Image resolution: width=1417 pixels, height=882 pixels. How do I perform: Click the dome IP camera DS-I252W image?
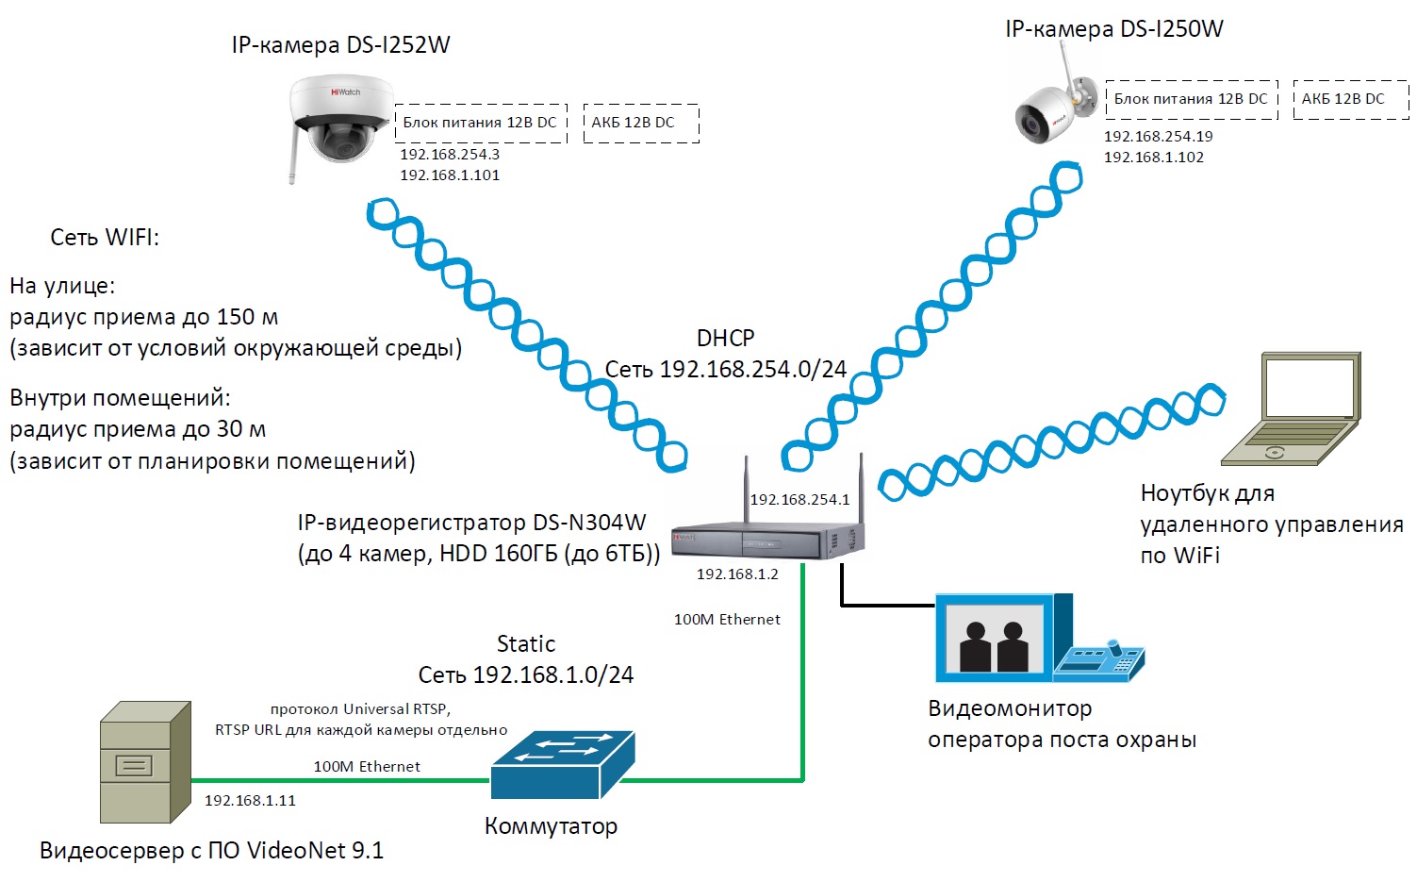[x=340, y=126]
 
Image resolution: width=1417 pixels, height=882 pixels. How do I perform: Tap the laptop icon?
[x=1292, y=409]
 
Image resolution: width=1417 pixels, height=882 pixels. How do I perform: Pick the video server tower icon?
[x=145, y=762]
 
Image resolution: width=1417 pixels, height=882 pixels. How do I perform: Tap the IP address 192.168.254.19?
[x=1159, y=136]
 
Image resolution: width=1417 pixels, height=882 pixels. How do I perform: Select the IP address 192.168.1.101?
[x=450, y=175]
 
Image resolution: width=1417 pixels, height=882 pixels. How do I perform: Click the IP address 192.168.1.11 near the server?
[x=250, y=801]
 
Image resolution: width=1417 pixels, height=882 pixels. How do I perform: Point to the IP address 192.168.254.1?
[x=799, y=500]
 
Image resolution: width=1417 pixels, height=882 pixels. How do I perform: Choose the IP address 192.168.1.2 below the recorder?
[x=737, y=574]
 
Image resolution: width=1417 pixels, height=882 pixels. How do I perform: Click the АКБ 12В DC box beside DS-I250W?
[x=1351, y=99]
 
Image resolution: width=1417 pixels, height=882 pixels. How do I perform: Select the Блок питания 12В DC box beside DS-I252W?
[x=481, y=123]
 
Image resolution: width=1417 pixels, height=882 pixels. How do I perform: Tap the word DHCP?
[x=726, y=338]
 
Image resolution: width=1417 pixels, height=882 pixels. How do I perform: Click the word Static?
[x=526, y=644]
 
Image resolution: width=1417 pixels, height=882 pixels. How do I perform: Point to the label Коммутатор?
[x=551, y=826]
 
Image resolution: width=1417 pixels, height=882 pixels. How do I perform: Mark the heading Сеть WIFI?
[x=105, y=238]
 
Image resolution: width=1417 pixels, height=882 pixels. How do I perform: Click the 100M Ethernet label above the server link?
[x=367, y=767]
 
